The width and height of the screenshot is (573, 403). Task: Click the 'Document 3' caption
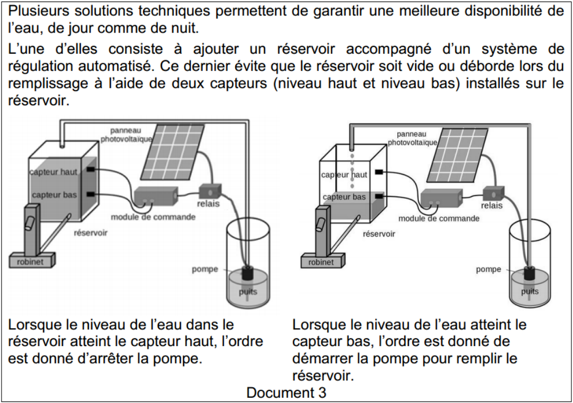(x=286, y=392)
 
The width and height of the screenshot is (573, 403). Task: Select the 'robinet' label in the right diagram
(x=321, y=261)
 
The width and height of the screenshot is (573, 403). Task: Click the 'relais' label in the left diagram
(x=209, y=204)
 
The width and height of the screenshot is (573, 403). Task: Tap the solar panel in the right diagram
(x=457, y=153)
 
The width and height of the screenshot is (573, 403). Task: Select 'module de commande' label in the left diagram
(x=153, y=217)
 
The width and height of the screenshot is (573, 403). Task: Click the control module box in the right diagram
(x=441, y=199)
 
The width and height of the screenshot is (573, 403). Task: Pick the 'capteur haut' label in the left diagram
(x=54, y=172)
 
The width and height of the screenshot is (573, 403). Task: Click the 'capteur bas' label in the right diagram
(x=344, y=197)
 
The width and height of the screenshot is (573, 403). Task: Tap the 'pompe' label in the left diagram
(x=205, y=269)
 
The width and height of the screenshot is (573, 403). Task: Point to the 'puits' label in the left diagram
(x=248, y=292)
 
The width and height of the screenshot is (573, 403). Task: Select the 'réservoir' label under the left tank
(x=91, y=233)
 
